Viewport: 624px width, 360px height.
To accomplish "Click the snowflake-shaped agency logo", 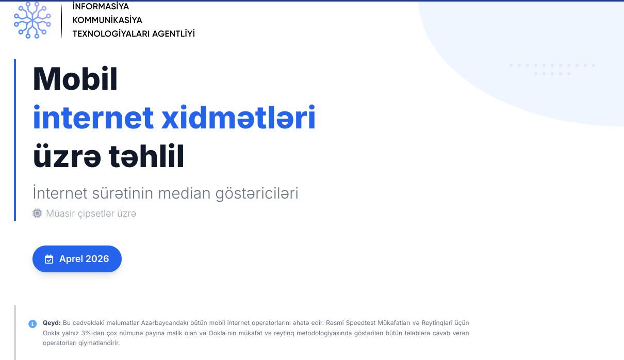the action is point(32,20).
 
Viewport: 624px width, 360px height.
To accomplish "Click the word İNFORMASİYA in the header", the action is point(101,6).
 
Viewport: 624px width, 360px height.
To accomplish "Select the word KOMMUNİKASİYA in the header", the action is point(107,20).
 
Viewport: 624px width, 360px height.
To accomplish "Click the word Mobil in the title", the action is point(75,79).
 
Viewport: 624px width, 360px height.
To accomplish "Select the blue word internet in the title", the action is point(93,117).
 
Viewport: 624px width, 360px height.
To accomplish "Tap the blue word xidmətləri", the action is point(238,117).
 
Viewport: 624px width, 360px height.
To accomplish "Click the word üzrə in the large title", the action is point(67,156).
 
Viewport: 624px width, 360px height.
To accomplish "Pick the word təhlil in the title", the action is point(146,156).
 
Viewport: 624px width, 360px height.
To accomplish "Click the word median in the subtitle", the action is point(184,193).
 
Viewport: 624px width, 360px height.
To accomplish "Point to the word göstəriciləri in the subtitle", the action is point(257,194).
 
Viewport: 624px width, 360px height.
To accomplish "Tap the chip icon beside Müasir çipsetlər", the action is point(37,213).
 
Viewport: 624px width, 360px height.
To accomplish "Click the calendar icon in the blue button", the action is point(49,259).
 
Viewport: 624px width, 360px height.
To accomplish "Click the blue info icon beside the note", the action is point(32,324).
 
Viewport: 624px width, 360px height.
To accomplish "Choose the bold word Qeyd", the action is point(52,323).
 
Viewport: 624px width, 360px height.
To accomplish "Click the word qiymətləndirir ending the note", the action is point(99,343).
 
